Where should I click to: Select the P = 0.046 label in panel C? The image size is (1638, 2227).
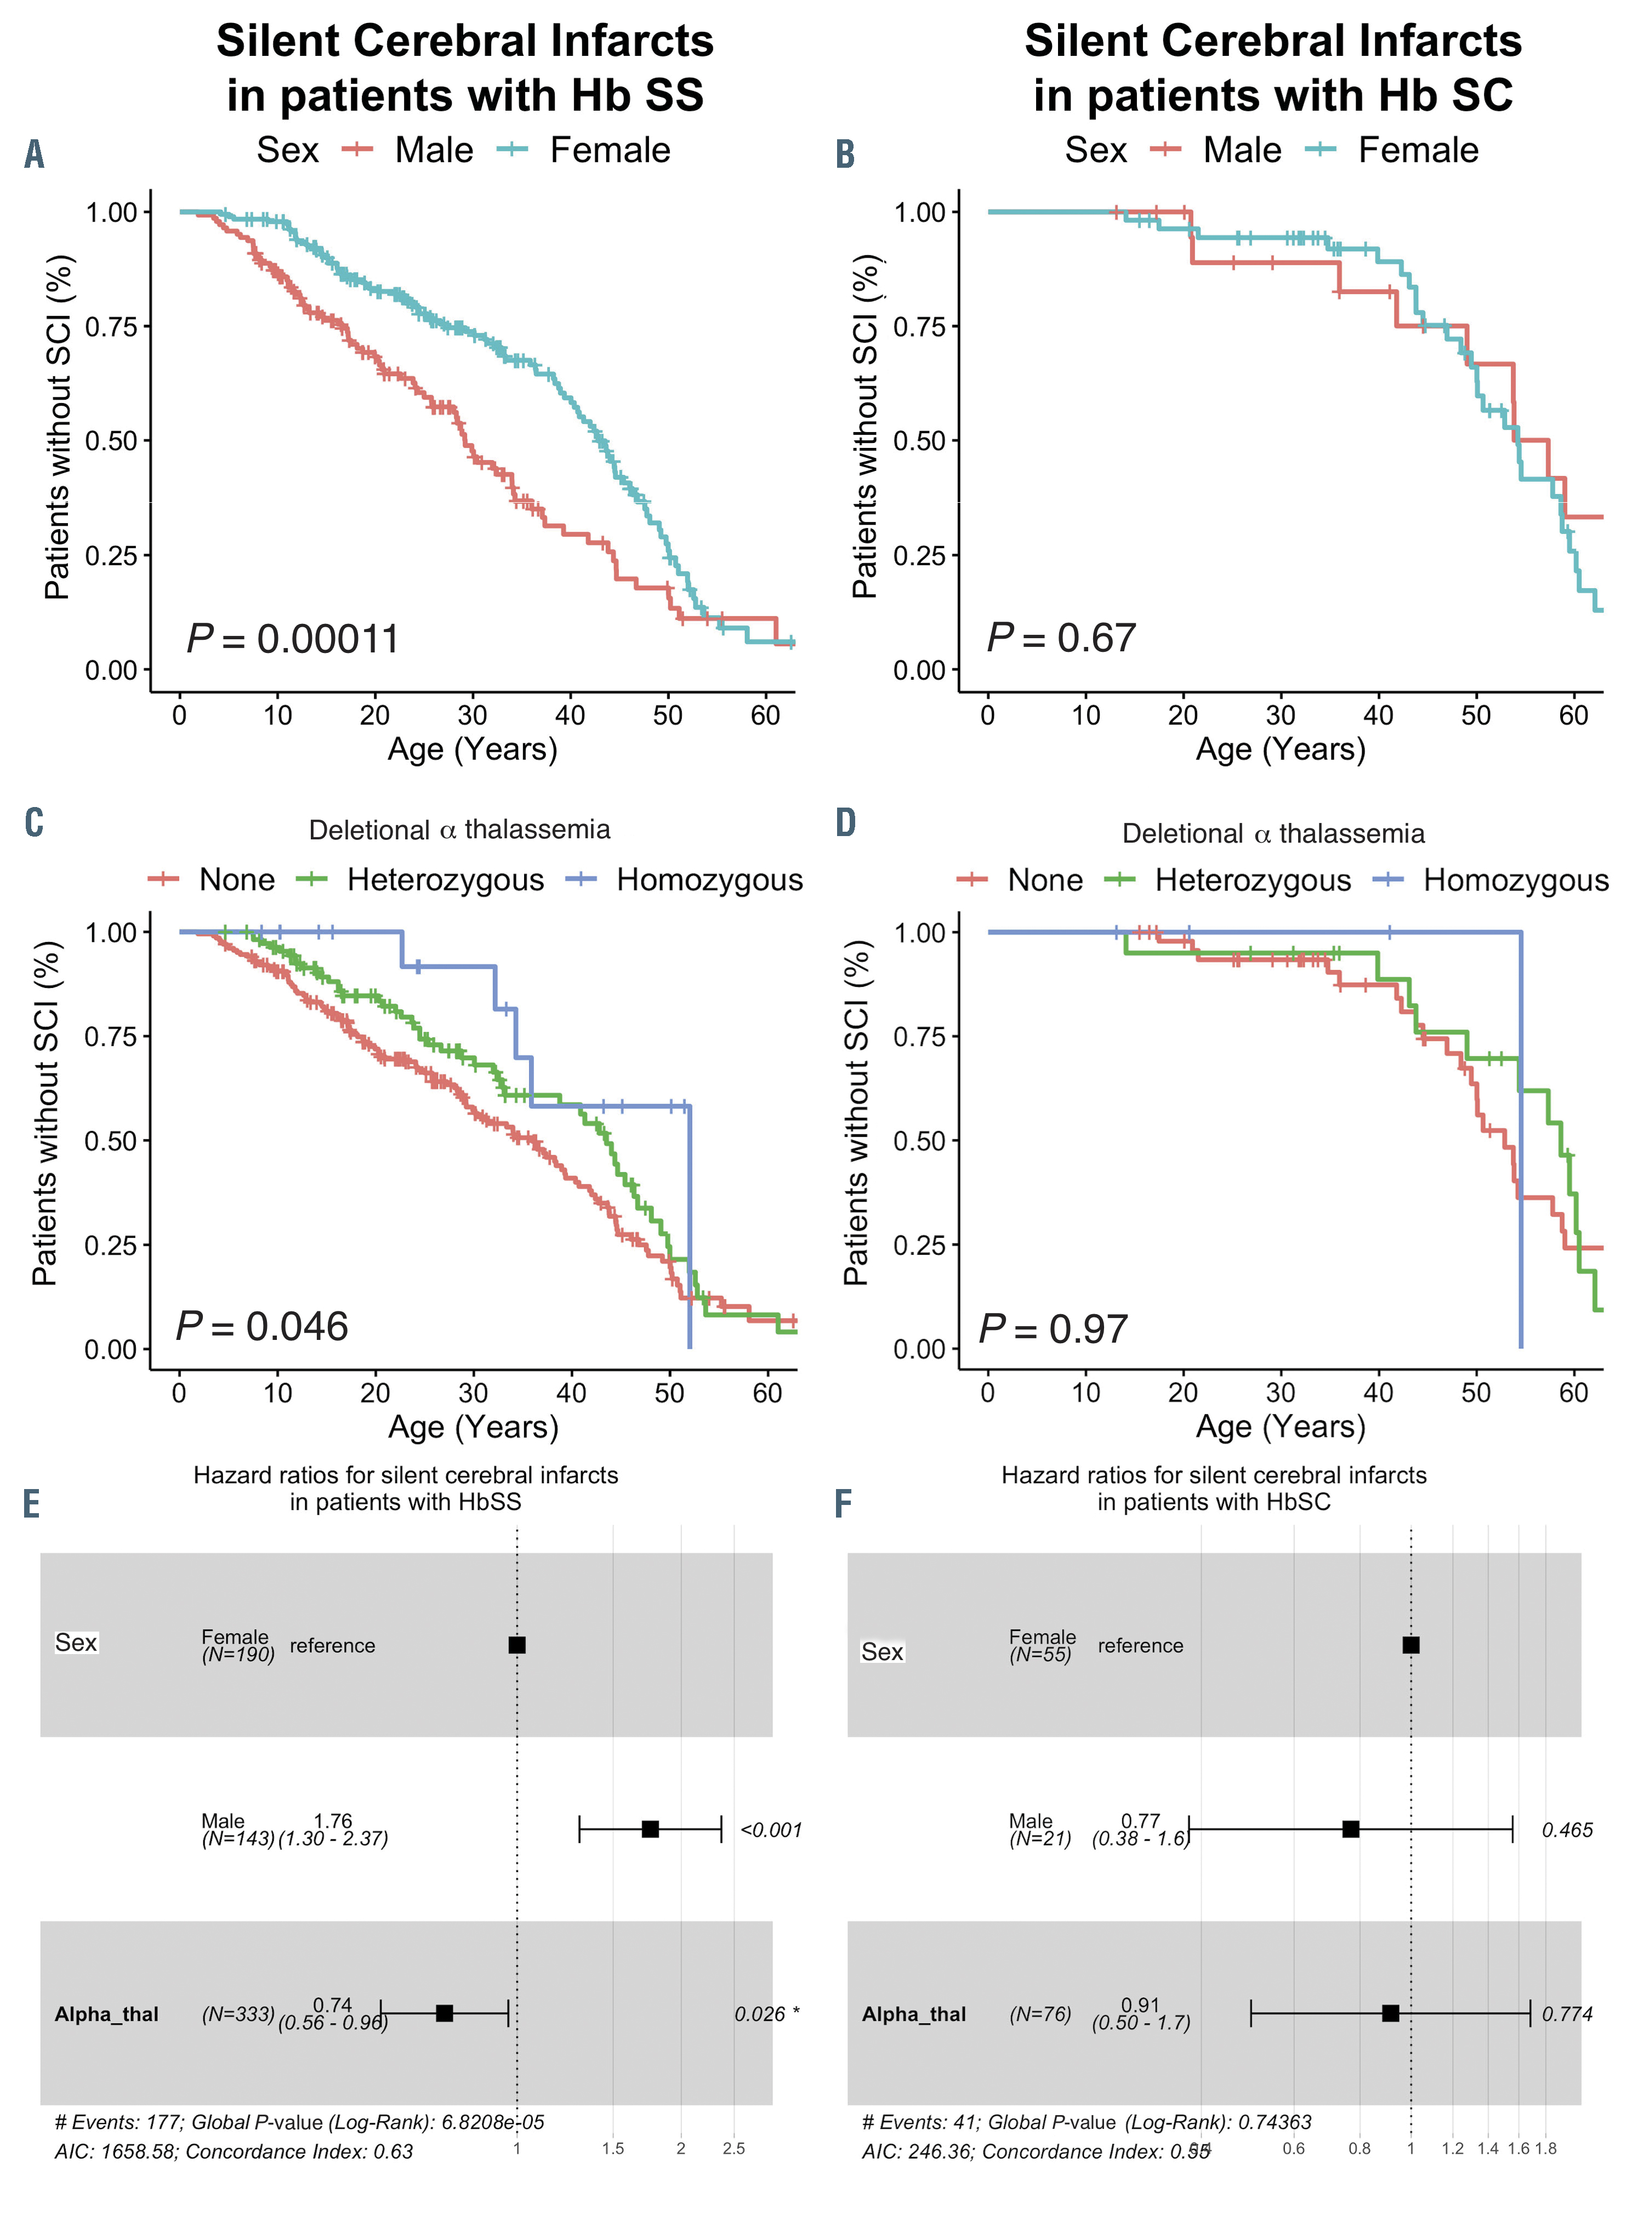tap(262, 1327)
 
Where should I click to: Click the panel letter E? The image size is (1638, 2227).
tap(32, 1504)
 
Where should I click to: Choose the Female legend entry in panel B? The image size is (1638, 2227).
tap(1418, 151)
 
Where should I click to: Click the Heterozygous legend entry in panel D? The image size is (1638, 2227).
tap(1252, 880)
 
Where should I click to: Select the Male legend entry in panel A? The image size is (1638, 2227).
tap(433, 151)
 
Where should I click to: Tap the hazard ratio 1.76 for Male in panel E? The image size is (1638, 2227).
tap(333, 1821)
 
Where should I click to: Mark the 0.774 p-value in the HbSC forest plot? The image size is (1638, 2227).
tap(1567, 2014)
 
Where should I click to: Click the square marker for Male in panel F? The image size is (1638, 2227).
tap(1350, 1830)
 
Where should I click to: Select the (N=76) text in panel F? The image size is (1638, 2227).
tap(1040, 2014)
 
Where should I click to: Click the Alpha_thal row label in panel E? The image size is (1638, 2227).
tap(106, 2014)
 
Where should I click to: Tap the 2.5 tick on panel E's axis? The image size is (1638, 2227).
tap(733, 2149)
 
